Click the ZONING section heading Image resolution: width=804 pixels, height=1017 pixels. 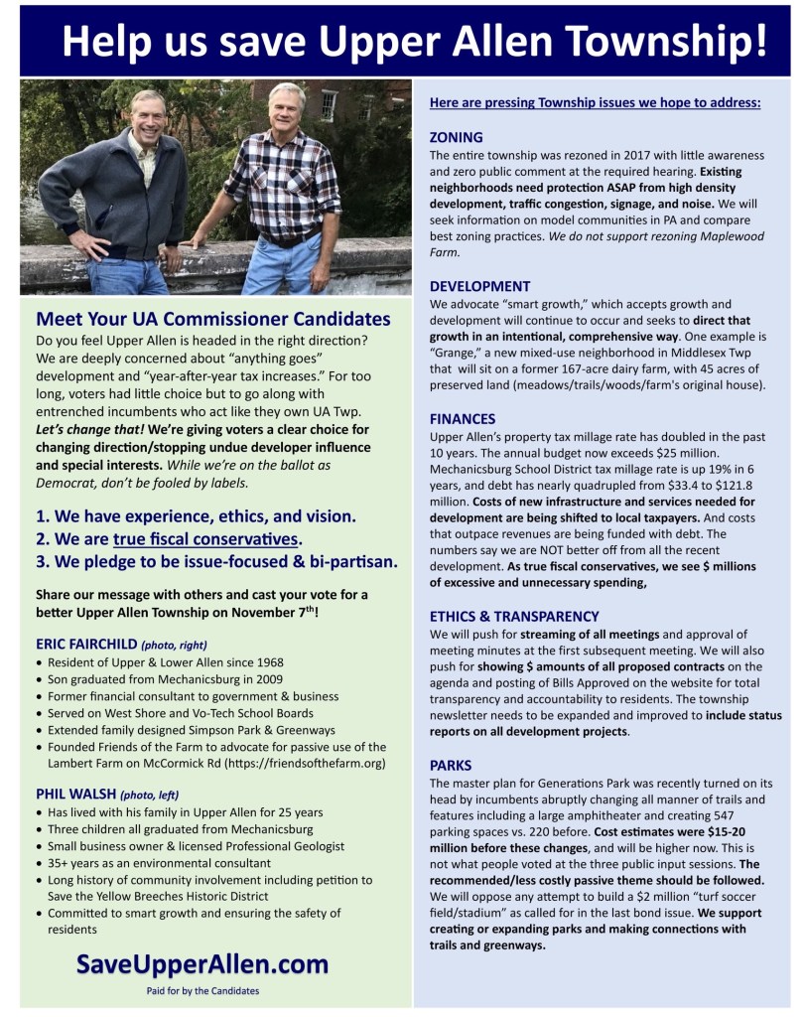click(x=456, y=137)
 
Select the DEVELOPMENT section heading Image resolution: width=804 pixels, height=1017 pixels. click(x=479, y=286)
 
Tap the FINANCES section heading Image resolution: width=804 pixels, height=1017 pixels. click(x=462, y=419)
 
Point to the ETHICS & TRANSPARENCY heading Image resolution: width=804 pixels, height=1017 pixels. click(x=513, y=616)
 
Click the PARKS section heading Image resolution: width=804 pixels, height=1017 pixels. click(x=451, y=765)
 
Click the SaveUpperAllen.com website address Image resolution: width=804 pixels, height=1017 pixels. click(x=202, y=964)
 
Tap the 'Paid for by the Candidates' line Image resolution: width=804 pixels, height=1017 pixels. click(x=202, y=990)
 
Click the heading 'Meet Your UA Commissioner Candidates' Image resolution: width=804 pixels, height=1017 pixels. click(x=212, y=320)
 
